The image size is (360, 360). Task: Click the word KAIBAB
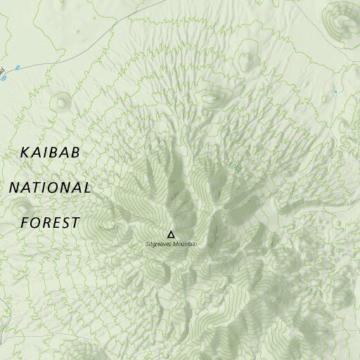click(51, 152)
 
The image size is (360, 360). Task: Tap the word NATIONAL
click(49, 188)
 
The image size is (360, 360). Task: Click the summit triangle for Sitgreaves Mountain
click(170, 234)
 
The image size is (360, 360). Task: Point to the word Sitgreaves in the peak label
click(157, 244)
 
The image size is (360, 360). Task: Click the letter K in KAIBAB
click(25, 152)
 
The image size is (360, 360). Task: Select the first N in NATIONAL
click(13, 188)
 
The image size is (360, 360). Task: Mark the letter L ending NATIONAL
click(86, 188)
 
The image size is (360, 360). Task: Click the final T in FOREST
click(75, 223)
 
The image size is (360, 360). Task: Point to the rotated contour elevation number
click(236, 168)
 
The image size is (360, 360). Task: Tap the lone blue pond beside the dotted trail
click(335, 91)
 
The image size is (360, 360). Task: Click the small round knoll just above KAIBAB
click(63, 102)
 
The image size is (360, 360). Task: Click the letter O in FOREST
click(36, 223)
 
